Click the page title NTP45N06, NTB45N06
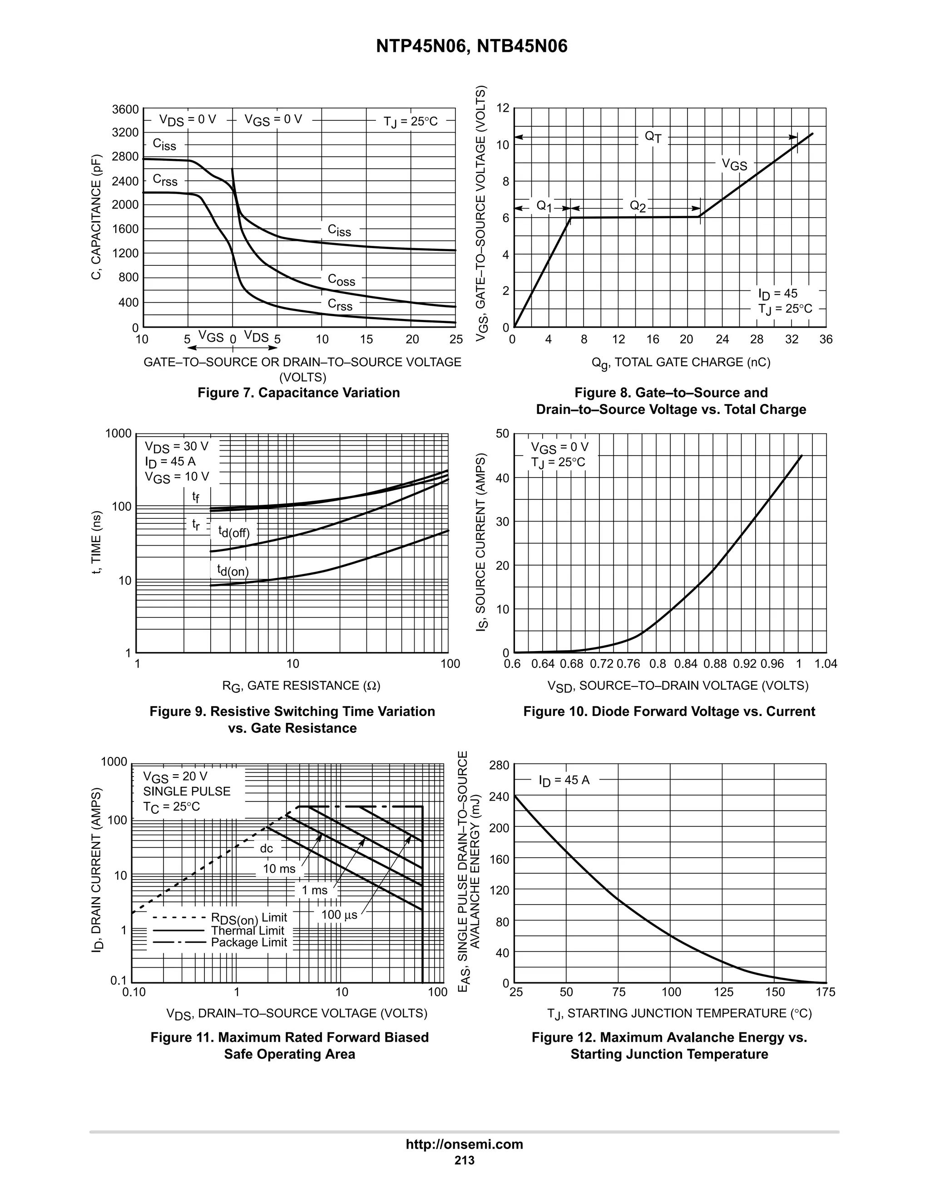[x=472, y=46]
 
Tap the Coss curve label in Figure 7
[x=341, y=279]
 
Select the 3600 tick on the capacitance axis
[x=126, y=109]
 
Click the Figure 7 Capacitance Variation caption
[x=299, y=393]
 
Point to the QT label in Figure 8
[x=653, y=136]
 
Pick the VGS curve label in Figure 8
[x=734, y=164]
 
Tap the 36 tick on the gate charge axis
[x=825, y=339]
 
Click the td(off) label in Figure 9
[x=233, y=532]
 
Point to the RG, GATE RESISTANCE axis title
[x=302, y=686]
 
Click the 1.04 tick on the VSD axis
[x=825, y=664]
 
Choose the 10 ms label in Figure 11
[x=279, y=869]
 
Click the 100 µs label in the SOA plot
[x=339, y=915]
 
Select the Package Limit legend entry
[x=249, y=942]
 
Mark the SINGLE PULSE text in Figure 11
[x=187, y=791]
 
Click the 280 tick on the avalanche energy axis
[x=499, y=765]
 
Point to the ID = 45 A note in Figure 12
[x=564, y=780]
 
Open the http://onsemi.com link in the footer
[x=465, y=1144]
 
